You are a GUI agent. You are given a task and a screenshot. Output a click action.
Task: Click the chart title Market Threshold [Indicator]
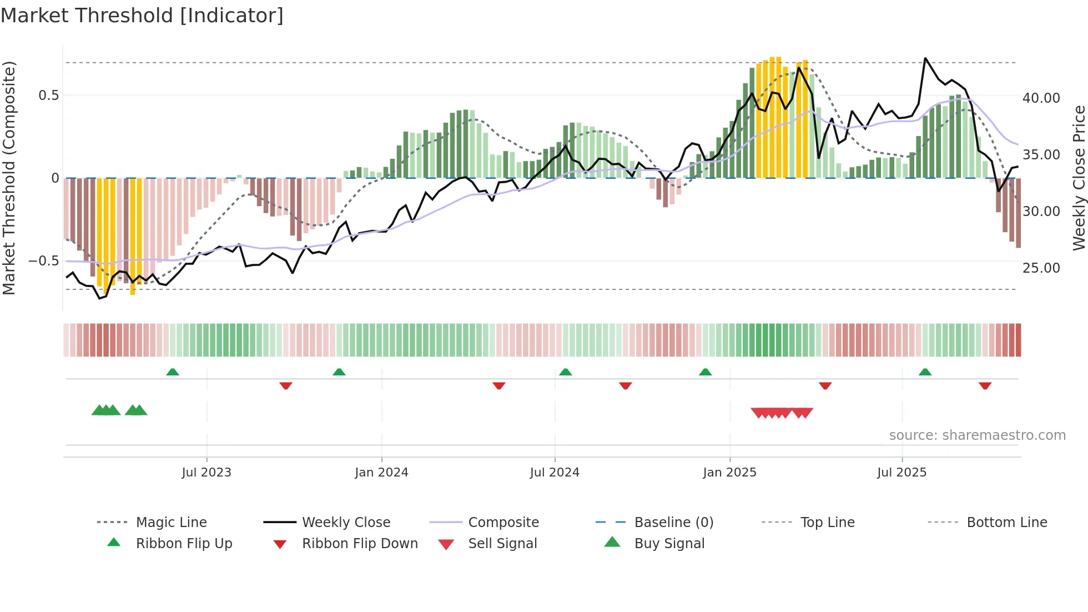142,16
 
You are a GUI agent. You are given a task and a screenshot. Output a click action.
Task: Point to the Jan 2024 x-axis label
381,473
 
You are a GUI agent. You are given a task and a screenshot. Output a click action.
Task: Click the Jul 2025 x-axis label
901,473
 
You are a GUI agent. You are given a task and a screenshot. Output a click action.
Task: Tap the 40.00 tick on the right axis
1041,98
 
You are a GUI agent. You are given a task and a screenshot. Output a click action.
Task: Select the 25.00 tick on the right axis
1041,268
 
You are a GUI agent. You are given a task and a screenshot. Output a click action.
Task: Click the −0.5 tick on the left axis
43,261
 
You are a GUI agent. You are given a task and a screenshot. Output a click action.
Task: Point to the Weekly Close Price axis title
1079,178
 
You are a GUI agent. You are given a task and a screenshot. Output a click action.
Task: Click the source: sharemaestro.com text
977,435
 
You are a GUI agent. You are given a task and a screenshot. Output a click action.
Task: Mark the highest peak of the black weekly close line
925,58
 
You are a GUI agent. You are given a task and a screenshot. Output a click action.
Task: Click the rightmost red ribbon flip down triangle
985,385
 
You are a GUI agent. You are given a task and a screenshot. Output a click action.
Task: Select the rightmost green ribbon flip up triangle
925,372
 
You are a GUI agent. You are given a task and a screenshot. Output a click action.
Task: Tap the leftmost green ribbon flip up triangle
173,372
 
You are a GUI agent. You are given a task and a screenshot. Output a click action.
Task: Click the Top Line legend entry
827,523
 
